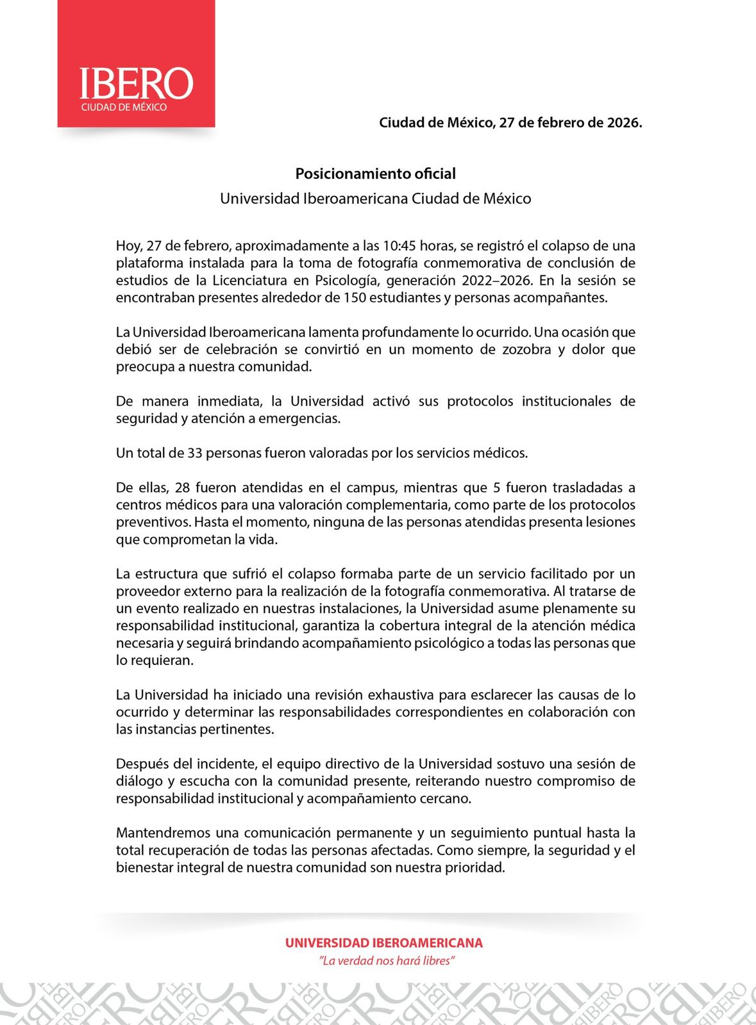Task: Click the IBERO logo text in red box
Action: pos(135,84)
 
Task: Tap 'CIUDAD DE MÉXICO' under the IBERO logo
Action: pos(124,108)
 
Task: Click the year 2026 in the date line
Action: pos(623,122)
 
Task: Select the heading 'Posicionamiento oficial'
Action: pos(375,174)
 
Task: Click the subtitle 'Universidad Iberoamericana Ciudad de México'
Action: pos(375,199)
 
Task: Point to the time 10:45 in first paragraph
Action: pos(399,246)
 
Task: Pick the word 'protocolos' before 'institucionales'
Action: pos(480,402)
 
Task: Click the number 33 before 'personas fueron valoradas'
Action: pos(195,454)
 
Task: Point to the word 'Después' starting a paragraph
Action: pos(138,764)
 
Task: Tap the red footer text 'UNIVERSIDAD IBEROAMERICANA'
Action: pos(383,943)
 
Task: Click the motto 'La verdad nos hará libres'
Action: pos(387,961)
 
